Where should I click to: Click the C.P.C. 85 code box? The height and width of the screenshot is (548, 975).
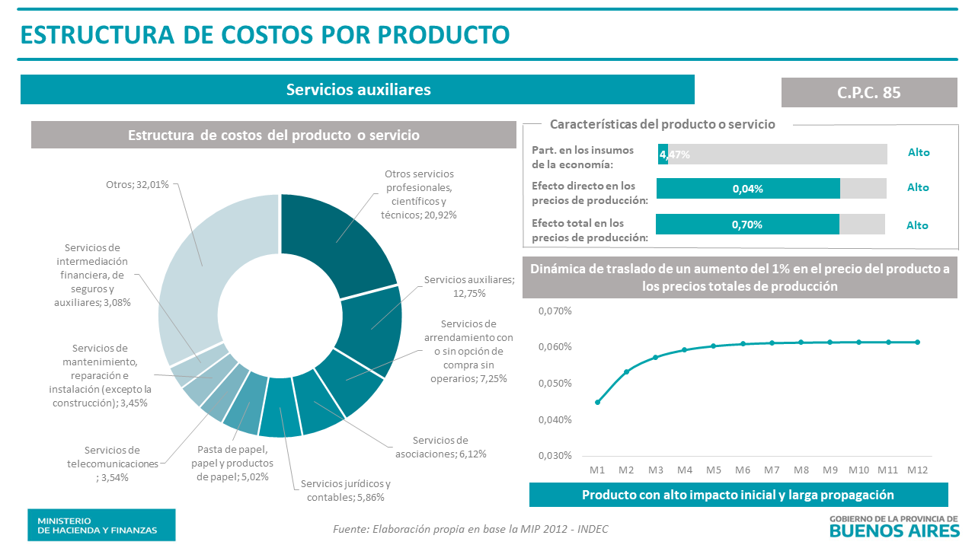tap(869, 92)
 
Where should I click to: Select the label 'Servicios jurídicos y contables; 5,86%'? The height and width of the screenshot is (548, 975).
tap(345, 491)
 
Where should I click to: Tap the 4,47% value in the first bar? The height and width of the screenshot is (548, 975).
tap(675, 155)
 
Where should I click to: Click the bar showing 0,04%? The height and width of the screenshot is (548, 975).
tap(748, 189)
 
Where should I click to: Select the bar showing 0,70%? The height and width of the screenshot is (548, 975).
tap(747, 225)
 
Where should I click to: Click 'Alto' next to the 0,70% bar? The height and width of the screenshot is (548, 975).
tap(917, 225)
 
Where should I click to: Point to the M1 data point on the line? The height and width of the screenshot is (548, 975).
tap(597, 402)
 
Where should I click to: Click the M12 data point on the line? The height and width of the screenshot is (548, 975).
tap(917, 342)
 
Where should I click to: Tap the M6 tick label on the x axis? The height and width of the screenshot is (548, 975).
tap(743, 470)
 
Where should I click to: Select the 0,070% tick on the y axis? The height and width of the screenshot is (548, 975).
tap(555, 311)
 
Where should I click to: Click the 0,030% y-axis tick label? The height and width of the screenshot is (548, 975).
tap(555, 456)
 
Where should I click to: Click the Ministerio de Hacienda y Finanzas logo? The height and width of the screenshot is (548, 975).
tap(101, 525)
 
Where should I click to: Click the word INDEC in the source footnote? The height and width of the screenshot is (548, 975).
tap(592, 529)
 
